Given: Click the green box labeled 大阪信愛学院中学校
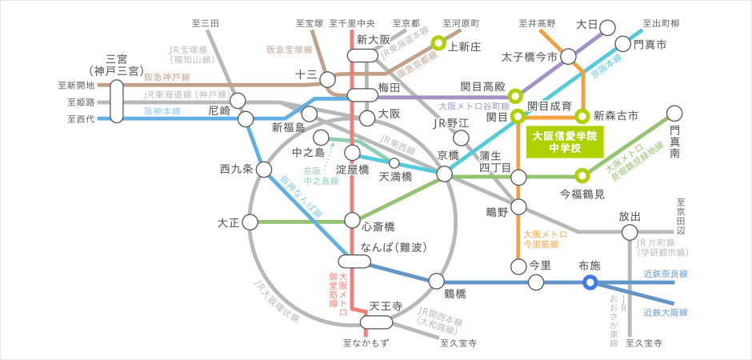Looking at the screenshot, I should tap(564, 142).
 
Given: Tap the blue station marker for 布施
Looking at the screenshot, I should tap(590, 282).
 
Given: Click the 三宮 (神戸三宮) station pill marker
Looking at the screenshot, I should tap(117, 100).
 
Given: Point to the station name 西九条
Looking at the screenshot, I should tap(236, 169).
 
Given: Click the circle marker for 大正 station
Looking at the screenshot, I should tap(250, 221).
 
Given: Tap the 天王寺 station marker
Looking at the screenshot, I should tap(374, 322).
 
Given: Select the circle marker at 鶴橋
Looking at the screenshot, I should tap(436, 281).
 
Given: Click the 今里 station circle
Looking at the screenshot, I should tap(518, 265).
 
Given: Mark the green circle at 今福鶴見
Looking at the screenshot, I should tap(583, 174).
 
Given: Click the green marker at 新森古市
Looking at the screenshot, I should tap(583, 117).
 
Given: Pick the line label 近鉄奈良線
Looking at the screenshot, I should tap(666, 274).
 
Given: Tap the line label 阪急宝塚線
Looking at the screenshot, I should tap(289, 50).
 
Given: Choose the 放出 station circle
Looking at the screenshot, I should tap(629, 233).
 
